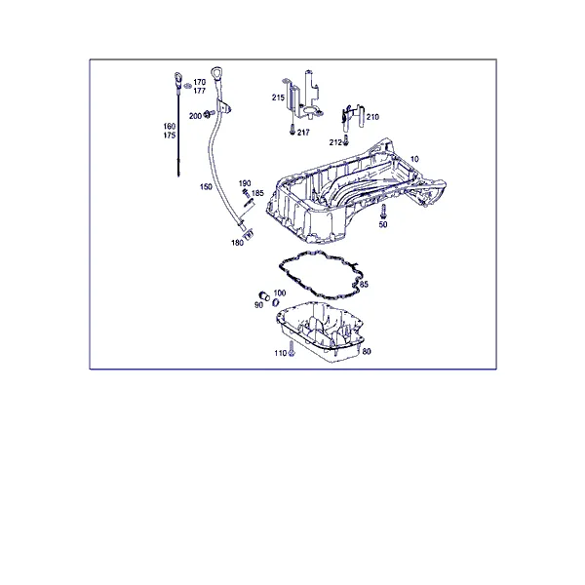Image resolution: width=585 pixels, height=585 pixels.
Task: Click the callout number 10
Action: [414, 159]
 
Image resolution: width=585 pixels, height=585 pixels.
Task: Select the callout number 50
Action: [383, 224]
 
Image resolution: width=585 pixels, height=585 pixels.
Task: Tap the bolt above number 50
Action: [383, 212]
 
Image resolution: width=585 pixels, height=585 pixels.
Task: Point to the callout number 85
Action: [364, 285]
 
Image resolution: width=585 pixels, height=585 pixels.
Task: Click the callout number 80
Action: [367, 351]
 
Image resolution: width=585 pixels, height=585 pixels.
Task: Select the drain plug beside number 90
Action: [264, 296]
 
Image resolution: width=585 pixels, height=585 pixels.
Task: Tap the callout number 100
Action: [280, 292]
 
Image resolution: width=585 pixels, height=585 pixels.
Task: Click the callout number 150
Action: [206, 186]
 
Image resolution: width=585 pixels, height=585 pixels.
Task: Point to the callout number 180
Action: [237, 243]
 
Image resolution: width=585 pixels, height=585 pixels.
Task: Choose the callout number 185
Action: [257, 193]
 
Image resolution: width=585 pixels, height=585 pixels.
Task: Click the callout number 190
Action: [245, 183]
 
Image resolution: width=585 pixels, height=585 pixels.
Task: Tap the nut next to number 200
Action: [208, 113]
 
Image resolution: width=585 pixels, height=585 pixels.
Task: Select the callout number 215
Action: [278, 97]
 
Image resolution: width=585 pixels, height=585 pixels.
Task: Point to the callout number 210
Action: [372, 117]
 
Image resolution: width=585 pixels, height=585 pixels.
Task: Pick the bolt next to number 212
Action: [346, 140]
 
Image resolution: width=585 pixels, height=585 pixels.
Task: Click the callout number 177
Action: [200, 91]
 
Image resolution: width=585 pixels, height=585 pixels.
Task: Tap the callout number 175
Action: [170, 136]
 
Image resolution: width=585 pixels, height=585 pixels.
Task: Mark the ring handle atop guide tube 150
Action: [216, 73]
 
